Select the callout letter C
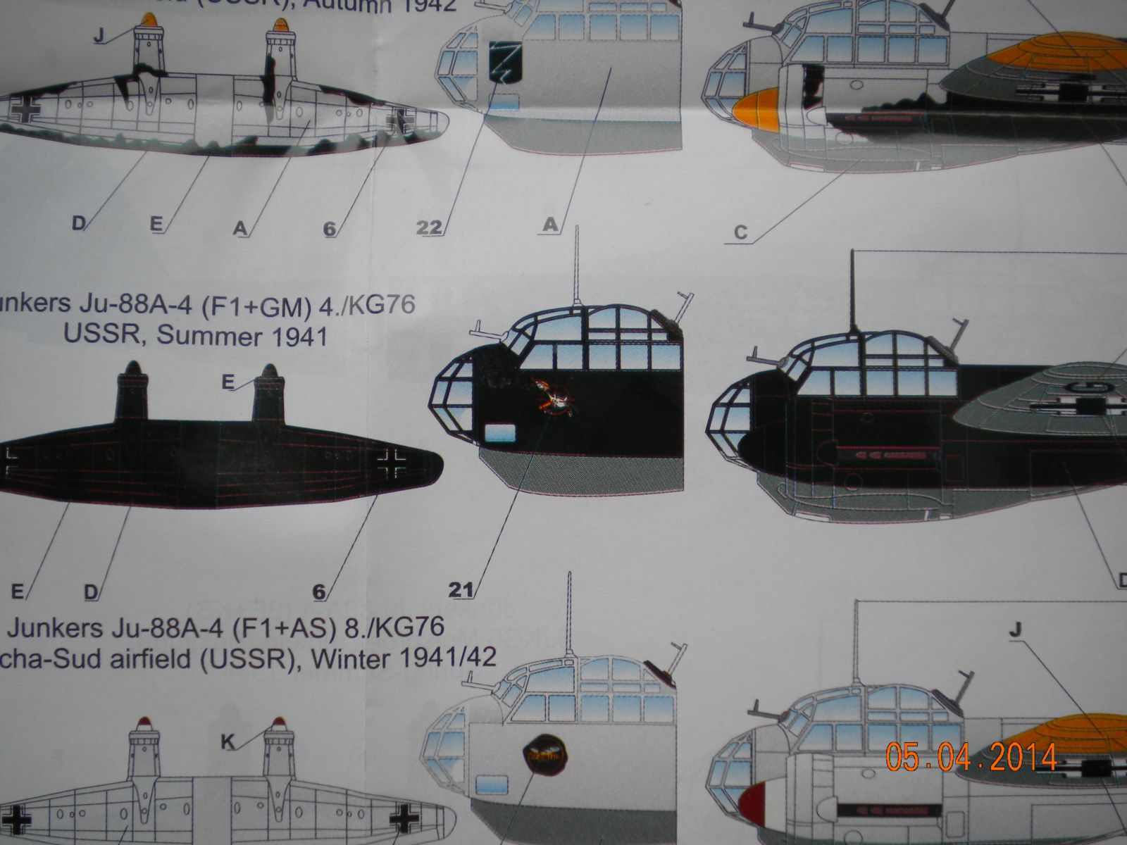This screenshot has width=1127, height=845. (740, 232)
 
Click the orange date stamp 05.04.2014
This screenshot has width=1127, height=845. (971, 757)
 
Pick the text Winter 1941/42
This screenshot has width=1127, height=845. (404, 658)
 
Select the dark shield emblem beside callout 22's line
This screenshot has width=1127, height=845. (506, 61)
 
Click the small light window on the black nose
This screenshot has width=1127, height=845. (499, 432)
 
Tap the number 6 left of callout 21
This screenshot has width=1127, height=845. (319, 592)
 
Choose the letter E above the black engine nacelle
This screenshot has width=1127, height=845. (228, 382)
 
